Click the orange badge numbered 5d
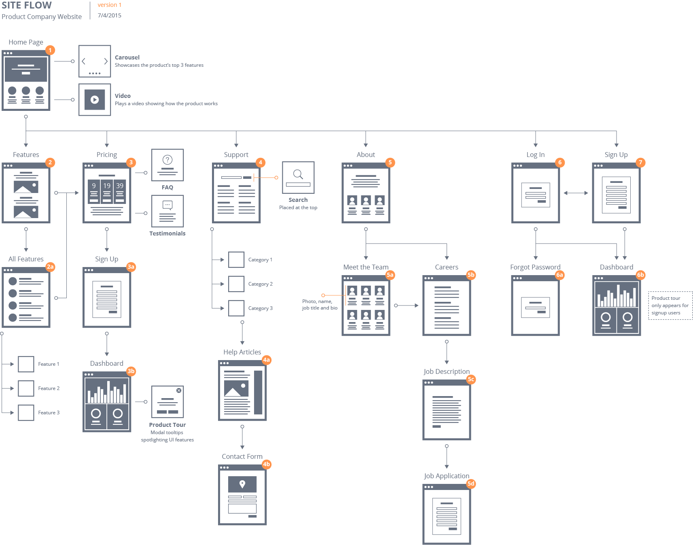pos(471,484)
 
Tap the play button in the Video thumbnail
pos(95,100)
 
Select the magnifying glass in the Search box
pos(298,174)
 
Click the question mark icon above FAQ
pos(167,160)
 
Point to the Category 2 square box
pos(236,284)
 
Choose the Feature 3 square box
pos(26,413)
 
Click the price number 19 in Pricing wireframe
pos(107,186)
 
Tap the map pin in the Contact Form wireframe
pos(242,484)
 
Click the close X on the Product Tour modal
pos(179,390)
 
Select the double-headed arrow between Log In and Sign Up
pos(576,193)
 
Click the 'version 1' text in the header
pos(110,5)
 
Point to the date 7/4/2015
pos(110,15)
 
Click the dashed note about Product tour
pos(670,305)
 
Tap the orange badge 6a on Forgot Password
pos(559,275)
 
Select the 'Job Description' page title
pos(447,371)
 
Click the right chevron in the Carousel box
pos(106,61)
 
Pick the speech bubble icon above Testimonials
pos(167,205)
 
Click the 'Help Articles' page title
pos(242,352)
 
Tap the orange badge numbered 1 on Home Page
pos(50,50)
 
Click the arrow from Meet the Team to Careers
pos(407,305)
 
